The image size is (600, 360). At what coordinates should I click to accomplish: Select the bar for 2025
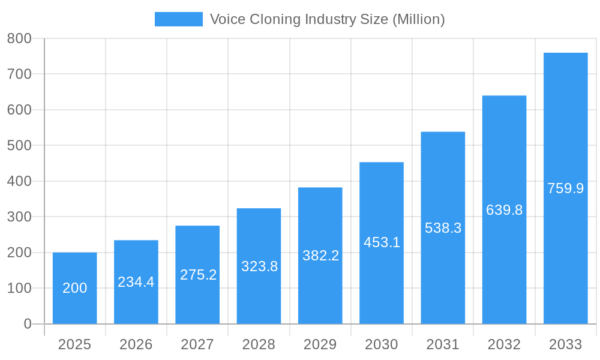[x=74, y=288]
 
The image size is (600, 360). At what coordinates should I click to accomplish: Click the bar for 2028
[x=259, y=266]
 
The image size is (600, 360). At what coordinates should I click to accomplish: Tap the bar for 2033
[x=565, y=188]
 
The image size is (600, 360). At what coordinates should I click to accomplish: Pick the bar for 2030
[x=382, y=243]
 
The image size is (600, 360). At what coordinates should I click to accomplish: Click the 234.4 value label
[x=136, y=282]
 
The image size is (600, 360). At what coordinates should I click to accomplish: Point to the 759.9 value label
[x=565, y=188]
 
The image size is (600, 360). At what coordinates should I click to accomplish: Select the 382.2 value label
[x=320, y=256]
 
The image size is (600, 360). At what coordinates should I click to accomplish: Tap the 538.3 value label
[x=443, y=228]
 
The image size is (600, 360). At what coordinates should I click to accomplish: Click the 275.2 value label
[x=198, y=275]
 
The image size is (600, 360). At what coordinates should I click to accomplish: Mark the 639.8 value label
[x=504, y=210]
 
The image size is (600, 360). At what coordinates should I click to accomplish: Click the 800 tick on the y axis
[x=19, y=38]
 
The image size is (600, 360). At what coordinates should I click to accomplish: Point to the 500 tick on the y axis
[x=19, y=145]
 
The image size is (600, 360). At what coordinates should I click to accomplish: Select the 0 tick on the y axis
[x=28, y=324]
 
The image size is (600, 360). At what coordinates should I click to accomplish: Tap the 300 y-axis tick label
[x=19, y=217]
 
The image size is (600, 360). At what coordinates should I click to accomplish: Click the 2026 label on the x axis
[x=136, y=344]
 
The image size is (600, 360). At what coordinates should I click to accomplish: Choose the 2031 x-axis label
[x=443, y=344]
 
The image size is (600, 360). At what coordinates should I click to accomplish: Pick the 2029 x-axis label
[x=320, y=344]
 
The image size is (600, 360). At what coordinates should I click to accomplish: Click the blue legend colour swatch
[x=178, y=19]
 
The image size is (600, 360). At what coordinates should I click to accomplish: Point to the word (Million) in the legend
[x=418, y=19]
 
